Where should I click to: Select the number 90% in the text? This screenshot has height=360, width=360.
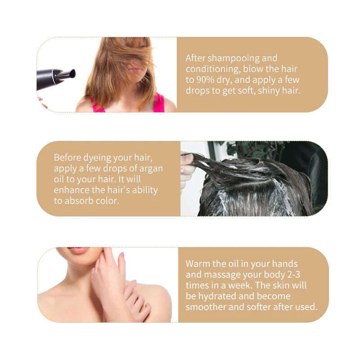pos(206,80)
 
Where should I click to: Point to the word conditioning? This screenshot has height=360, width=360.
pos(213,69)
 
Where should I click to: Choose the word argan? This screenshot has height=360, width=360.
pos(151,169)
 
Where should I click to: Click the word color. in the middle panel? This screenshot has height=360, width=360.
pos(108,201)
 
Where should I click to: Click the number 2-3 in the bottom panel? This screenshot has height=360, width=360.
pos(294,274)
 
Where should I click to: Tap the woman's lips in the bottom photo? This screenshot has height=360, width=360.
pos(79,250)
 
